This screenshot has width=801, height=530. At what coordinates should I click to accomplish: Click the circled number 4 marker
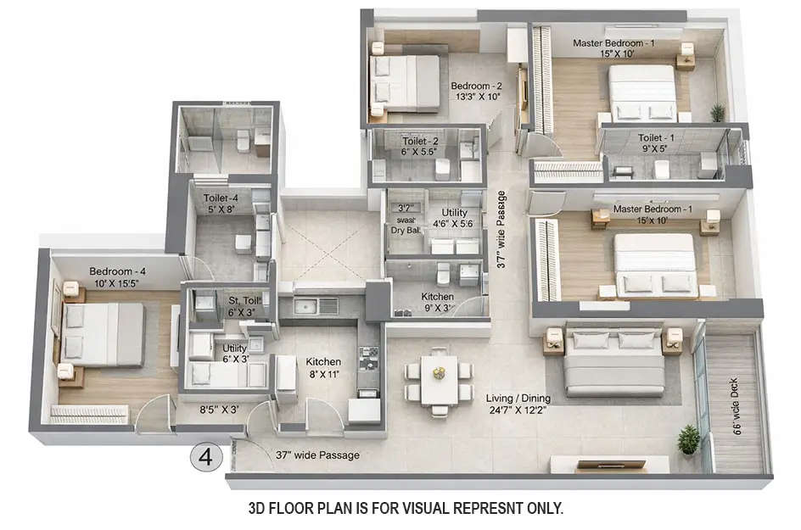tap(205, 457)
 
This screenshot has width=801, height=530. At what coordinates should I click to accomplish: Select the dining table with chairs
tap(439, 380)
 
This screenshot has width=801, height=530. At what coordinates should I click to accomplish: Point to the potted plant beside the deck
tap(689, 440)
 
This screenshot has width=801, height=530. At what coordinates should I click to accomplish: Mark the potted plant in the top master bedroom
tap(718, 112)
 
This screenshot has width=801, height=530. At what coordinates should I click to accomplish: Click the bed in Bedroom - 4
tap(101, 335)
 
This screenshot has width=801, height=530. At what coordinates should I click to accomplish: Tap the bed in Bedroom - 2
tap(405, 81)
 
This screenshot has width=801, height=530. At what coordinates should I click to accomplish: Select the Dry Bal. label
tap(403, 229)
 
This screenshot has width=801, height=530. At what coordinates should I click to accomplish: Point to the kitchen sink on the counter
tap(316, 305)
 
